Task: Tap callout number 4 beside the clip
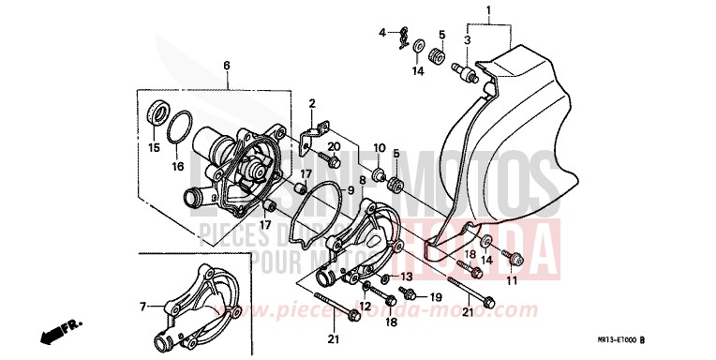pyautogui.click(x=382, y=33)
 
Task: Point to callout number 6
pyautogui.click(x=226, y=66)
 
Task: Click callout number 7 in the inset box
pyautogui.click(x=143, y=306)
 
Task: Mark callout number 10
pyautogui.click(x=380, y=148)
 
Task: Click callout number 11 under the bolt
pyautogui.click(x=512, y=280)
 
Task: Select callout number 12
pyautogui.click(x=365, y=306)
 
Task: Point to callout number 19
pyautogui.click(x=435, y=297)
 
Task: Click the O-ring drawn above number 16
pyautogui.click(x=182, y=129)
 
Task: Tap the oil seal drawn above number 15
pyautogui.click(x=156, y=117)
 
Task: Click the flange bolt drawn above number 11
pyautogui.click(x=513, y=256)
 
